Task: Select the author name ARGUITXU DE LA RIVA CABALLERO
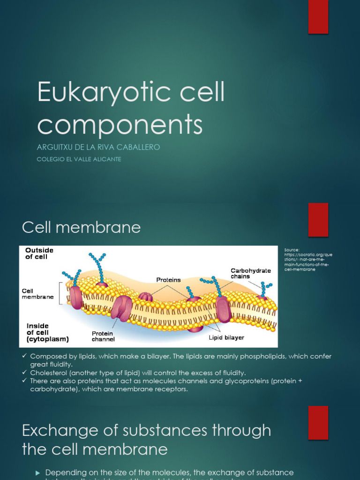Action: click(98, 147)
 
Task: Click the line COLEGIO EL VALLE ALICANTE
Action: click(79, 159)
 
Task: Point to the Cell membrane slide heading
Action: click(81, 227)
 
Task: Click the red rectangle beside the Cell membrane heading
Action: click(318, 220)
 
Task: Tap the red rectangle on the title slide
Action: click(318, 17)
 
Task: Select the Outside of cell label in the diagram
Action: click(39, 254)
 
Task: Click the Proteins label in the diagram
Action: click(168, 280)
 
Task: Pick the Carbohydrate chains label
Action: click(250, 273)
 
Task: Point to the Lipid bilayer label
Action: click(226, 337)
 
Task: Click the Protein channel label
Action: click(103, 336)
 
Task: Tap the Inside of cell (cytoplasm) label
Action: click(47, 332)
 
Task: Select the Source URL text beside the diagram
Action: click(308, 260)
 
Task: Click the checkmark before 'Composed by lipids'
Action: click(25, 356)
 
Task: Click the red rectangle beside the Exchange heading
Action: click(318, 423)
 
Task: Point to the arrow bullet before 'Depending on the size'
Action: click(38, 472)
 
